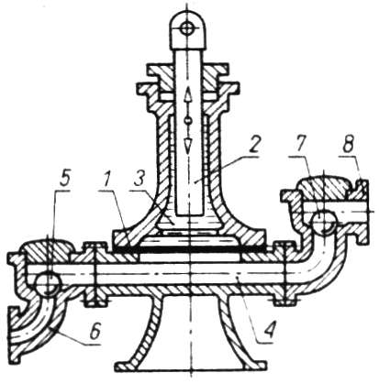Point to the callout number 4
(269, 328)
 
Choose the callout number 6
(95, 332)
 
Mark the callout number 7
(299, 145)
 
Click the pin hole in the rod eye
(186, 29)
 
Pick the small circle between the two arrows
(188, 121)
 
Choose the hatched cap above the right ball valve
(325, 187)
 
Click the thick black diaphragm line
(190, 249)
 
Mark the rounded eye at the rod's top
(187, 29)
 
